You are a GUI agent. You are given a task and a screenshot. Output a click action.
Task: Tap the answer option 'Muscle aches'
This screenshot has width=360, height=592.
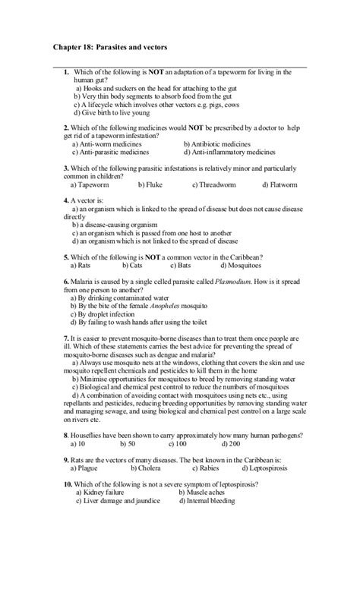pos(207,493)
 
